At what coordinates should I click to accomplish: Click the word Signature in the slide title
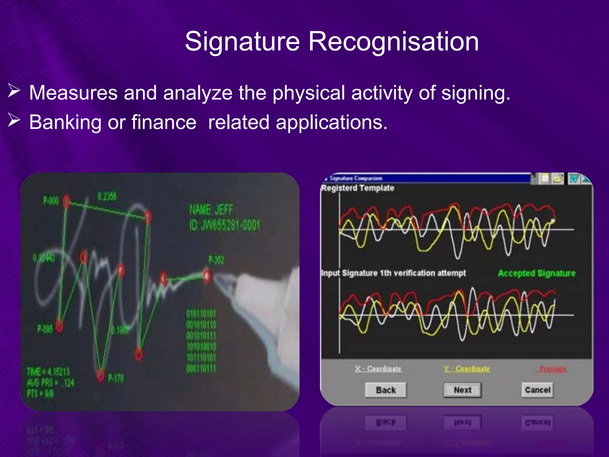242,42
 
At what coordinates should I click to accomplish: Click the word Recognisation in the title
393,42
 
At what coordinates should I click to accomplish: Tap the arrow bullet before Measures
14,91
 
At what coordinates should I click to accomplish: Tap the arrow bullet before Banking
14,120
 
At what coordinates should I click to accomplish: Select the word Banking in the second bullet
65,122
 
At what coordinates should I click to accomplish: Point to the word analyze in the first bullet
197,93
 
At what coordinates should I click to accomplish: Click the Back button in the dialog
386,390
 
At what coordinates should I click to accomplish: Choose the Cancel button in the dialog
538,390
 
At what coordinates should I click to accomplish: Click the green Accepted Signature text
536,273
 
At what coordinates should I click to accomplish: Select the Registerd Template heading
358,188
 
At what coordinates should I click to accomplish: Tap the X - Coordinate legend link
378,369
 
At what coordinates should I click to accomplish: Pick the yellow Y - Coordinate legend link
467,369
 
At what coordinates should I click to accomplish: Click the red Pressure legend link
553,369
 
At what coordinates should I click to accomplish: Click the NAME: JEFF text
211,210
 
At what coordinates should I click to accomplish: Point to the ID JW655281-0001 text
225,226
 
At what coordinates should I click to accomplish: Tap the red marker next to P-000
67,201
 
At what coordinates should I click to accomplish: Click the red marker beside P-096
59,326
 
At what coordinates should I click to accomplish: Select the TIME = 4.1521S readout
48,372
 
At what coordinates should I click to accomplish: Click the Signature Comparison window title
356,178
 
